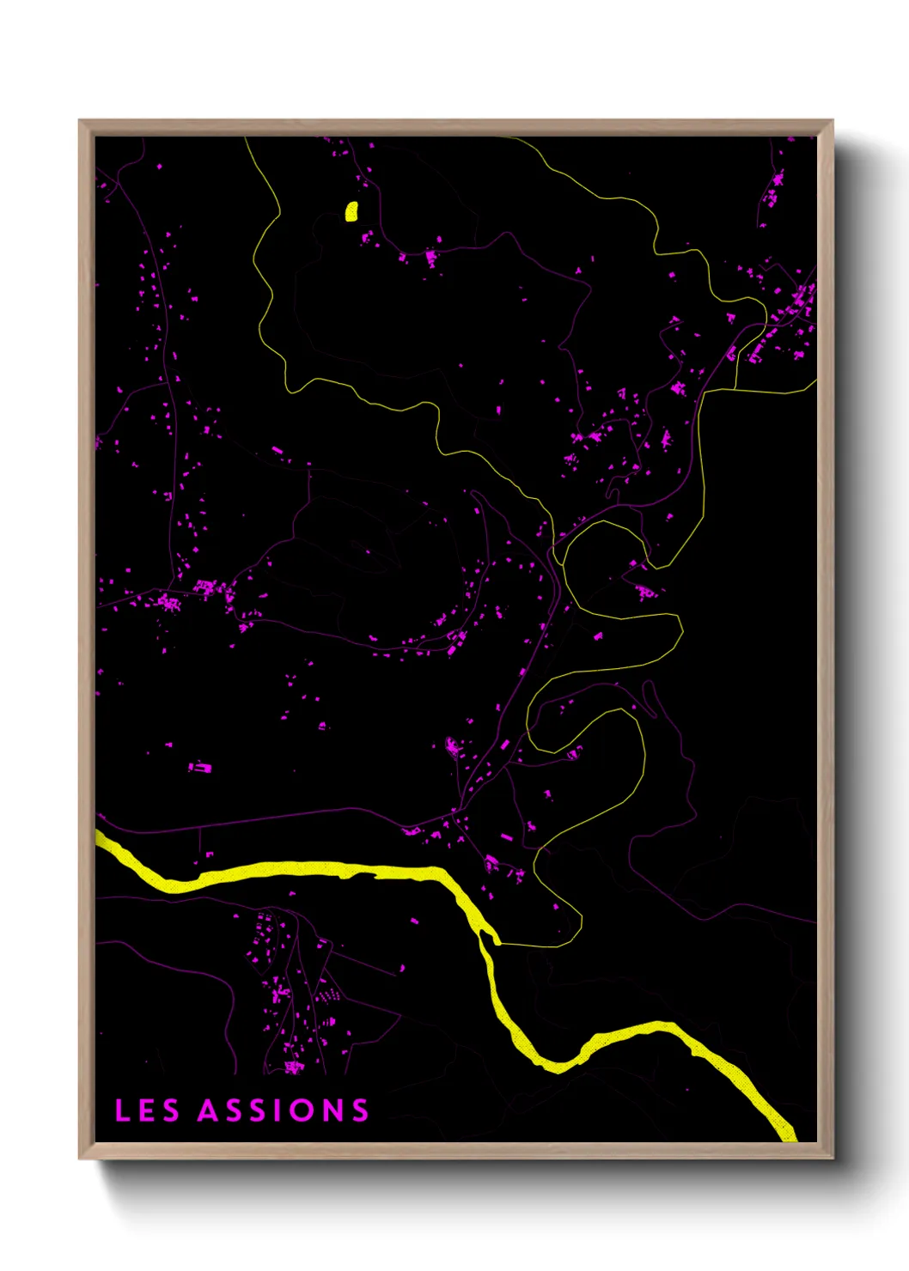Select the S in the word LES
170,1110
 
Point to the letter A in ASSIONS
209,1110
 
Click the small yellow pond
351,211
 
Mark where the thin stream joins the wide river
497,943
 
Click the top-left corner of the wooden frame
80,121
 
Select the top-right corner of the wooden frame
832,121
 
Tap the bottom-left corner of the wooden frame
80,1157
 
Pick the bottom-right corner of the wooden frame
832,1157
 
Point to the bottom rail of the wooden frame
455,1151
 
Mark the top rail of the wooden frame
455,127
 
